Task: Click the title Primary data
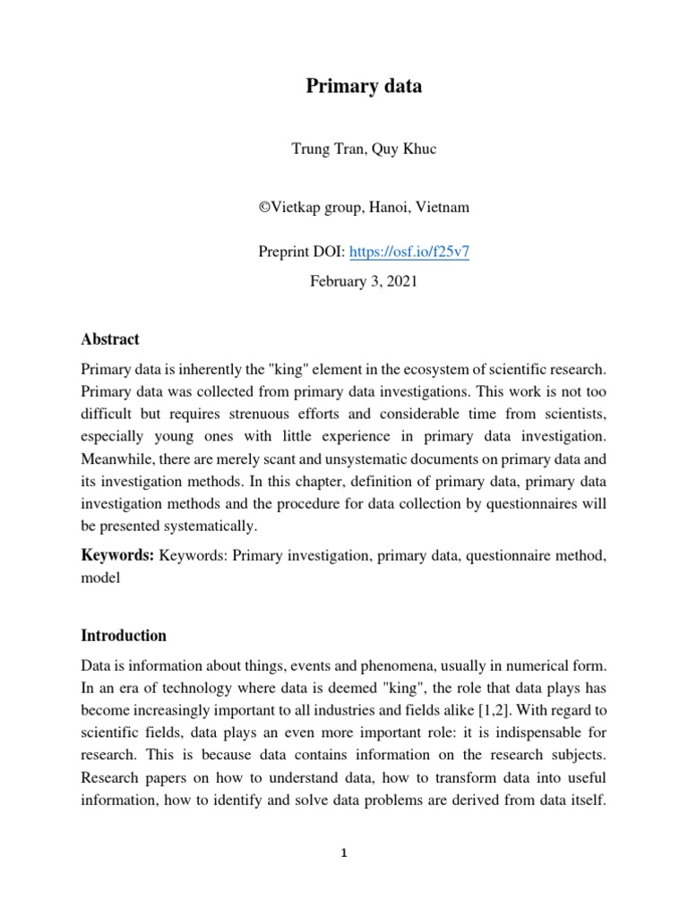click(x=364, y=87)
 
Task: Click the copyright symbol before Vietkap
click(x=265, y=208)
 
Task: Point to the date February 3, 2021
click(x=364, y=280)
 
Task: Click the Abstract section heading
click(x=110, y=339)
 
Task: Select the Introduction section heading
click(x=124, y=636)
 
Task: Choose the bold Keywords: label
click(x=117, y=555)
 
